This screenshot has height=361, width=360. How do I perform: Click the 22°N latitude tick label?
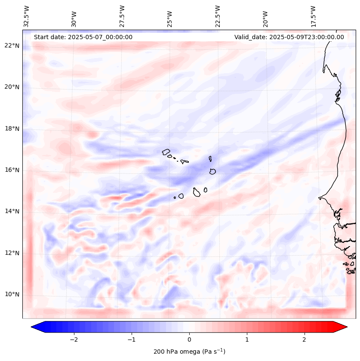point(12,46)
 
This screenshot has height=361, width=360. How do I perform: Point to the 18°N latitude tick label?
point(12,129)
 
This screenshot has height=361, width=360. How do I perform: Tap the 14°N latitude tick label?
point(12,211)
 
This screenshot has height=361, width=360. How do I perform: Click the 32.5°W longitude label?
point(27,16)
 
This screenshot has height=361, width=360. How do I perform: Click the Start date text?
point(83,37)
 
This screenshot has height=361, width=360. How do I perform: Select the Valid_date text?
point(289,37)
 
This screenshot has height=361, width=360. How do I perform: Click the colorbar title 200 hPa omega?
point(189,352)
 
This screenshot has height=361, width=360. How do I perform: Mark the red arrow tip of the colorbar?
point(346,327)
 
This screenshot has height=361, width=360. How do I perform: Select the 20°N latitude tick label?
point(12,87)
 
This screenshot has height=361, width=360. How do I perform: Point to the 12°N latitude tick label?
point(12,253)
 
